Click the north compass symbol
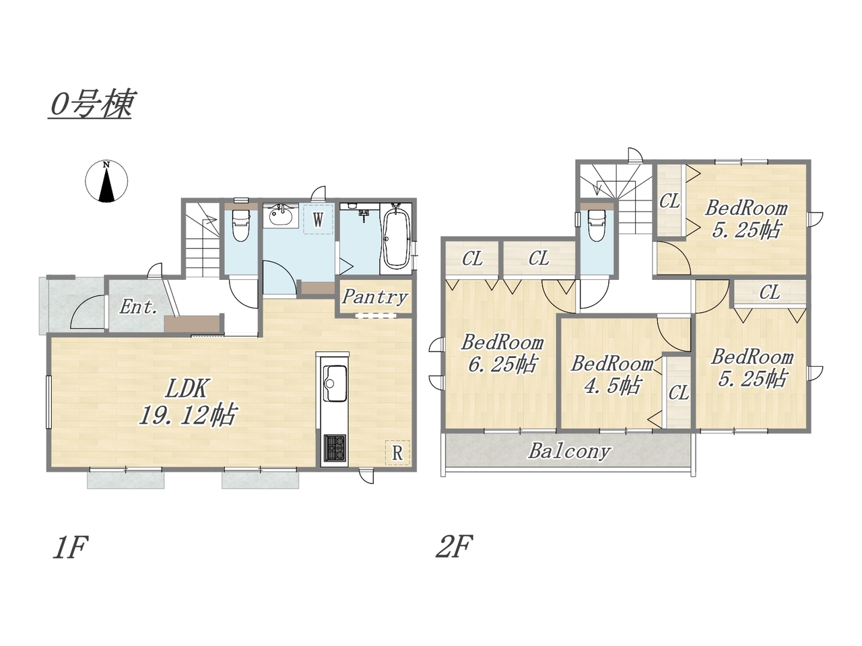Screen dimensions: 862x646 point(106,182)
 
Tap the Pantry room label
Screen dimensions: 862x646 point(374,297)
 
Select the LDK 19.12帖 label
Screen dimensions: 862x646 point(187,402)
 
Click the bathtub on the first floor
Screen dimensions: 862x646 point(396,240)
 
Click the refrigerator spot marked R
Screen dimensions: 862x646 point(397,453)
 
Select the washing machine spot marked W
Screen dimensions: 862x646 point(318,219)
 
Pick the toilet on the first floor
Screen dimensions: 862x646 point(240,223)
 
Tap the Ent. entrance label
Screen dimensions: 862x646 point(138,307)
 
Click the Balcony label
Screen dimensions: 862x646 point(569,452)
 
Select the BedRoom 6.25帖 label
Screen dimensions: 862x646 point(502,353)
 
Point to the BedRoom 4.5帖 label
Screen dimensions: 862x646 point(612,375)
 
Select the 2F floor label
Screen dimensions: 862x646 point(454,546)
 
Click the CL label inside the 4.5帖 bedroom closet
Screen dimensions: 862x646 point(678,392)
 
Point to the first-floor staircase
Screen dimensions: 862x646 point(202,240)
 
